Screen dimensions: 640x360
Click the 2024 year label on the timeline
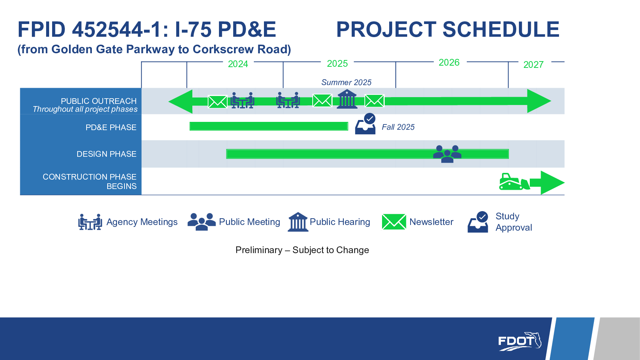(238, 64)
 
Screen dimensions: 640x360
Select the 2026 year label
(449, 63)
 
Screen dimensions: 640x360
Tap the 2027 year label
(533, 65)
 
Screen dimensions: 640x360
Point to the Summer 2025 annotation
(346, 82)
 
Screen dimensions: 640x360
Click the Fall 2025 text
(398, 127)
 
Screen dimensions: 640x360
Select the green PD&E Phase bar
(269, 126)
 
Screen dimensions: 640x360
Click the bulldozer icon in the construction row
(514, 182)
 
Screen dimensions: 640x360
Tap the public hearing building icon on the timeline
(347, 99)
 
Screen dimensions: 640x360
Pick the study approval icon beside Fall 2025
(366, 124)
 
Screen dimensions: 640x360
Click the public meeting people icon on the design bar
(447, 154)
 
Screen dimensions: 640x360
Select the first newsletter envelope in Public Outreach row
(217, 102)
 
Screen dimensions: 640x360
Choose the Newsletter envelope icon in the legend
(394, 222)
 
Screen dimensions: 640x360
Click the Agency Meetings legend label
(142, 222)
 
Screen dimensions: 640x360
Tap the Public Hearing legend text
(340, 222)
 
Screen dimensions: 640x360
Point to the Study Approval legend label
(514, 222)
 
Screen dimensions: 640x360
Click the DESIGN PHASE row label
(106, 154)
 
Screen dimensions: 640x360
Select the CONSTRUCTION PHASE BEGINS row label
(90, 181)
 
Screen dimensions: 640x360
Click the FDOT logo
(520, 341)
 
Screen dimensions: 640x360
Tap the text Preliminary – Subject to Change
(302, 250)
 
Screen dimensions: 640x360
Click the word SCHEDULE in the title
(501, 29)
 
